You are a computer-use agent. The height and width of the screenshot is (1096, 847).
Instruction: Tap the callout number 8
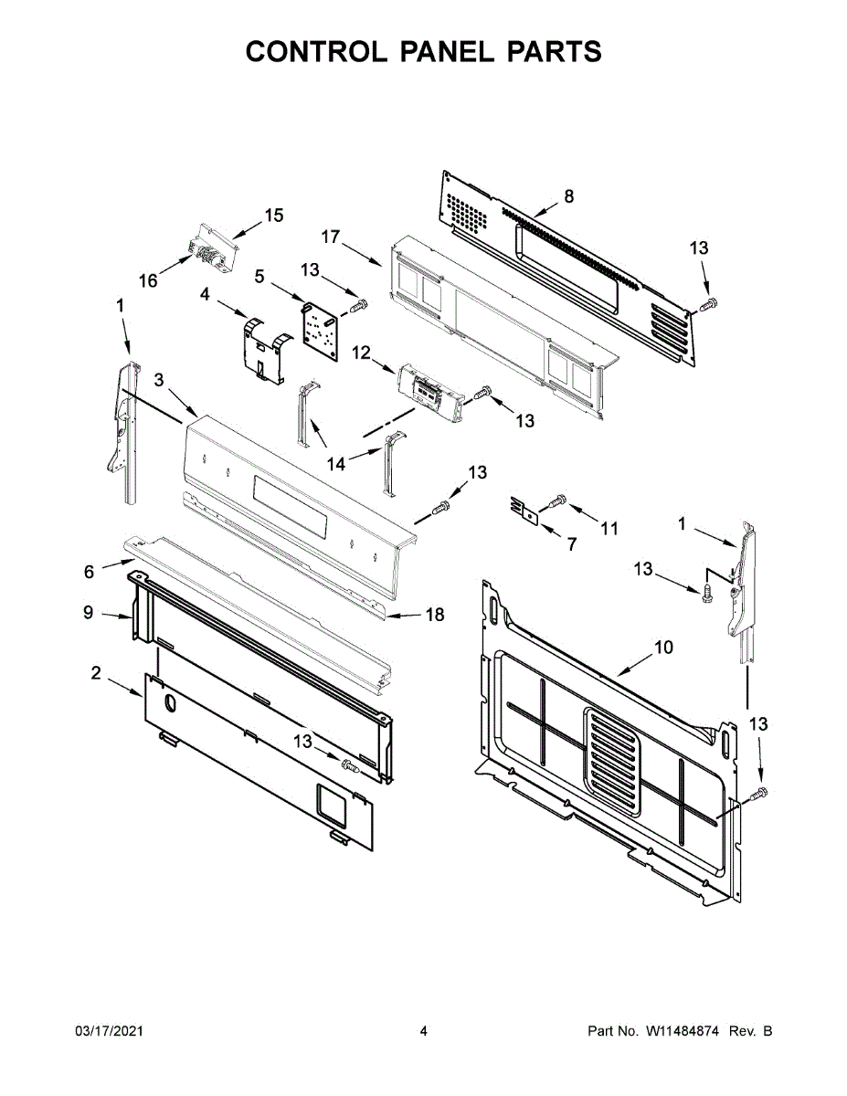pos(568,195)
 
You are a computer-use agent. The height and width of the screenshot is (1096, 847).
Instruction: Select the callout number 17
pos(331,237)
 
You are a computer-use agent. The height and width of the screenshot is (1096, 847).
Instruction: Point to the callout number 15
pos(274,216)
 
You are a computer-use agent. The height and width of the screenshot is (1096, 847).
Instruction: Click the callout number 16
pos(148,281)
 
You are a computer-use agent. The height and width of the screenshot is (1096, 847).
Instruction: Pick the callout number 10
pos(663,647)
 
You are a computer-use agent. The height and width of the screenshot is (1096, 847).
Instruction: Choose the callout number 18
pos(435,615)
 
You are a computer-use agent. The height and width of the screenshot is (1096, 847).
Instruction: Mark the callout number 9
pos(88,612)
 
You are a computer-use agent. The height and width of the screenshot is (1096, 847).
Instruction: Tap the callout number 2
pos(95,673)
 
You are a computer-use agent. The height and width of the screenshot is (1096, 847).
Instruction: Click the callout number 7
pos(572,544)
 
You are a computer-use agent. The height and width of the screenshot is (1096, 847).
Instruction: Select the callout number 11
pos(609,528)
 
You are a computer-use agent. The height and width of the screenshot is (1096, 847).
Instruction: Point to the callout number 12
pos(361,352)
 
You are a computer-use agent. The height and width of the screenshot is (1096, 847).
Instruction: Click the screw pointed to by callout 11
pos(558,500)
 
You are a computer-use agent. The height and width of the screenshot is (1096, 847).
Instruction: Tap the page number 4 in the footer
pos(423,1031)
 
